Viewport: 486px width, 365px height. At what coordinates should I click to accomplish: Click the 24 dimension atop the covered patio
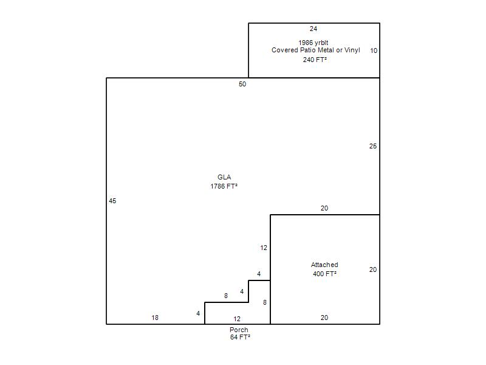313,29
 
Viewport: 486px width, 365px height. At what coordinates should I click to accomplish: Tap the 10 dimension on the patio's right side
374,50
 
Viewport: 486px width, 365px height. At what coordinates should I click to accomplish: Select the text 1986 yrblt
313,43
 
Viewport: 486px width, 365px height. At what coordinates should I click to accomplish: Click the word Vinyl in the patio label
352,50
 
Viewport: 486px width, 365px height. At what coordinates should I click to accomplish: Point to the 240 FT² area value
315,60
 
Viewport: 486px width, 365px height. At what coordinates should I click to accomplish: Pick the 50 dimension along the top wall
242,84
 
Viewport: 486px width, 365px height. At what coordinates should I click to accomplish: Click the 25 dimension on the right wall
373,146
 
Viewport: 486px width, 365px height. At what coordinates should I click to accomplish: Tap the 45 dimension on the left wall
112,201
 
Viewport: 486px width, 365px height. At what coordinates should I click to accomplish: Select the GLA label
224,177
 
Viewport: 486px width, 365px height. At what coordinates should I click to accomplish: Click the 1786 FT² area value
224,186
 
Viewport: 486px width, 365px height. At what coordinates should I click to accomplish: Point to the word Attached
324,265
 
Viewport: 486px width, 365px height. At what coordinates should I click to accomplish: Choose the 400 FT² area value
324,274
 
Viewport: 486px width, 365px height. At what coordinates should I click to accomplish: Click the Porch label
239,330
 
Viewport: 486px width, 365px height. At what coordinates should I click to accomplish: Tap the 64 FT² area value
240,337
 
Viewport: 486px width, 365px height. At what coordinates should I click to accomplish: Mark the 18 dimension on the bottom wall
155,318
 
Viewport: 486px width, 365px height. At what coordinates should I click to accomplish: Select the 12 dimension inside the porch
237,319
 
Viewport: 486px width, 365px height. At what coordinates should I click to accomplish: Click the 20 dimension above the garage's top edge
324,208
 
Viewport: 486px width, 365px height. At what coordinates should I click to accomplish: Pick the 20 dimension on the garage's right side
373,269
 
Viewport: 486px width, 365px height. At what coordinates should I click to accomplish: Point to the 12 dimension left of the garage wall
264,248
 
